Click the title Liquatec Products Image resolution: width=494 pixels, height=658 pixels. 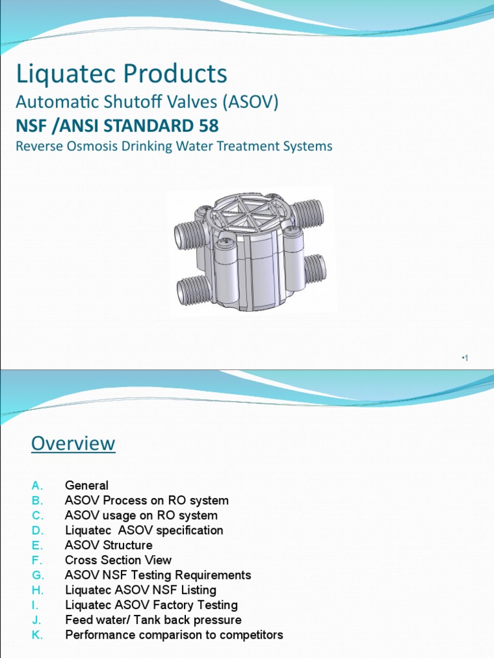point(122,74)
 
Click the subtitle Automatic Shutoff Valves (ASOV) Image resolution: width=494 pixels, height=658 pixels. point(147,102)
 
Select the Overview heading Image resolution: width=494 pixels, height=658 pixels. point(73,443)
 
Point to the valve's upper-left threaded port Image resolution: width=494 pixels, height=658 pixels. point(190,235)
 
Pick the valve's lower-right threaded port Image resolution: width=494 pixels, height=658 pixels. point(315,269)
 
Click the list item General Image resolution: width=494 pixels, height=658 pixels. point(87,486)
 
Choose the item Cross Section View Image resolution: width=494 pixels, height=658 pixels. point(118,560)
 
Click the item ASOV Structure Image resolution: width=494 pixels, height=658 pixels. point(109,546)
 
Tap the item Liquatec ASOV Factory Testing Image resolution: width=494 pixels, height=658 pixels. point(151,605)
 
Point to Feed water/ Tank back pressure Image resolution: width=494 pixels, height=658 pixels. point(153,620)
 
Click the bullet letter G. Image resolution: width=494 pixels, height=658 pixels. point(37,575)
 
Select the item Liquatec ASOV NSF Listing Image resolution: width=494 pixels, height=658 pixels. point(141,590)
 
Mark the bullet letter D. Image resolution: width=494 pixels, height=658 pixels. point(37,531)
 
